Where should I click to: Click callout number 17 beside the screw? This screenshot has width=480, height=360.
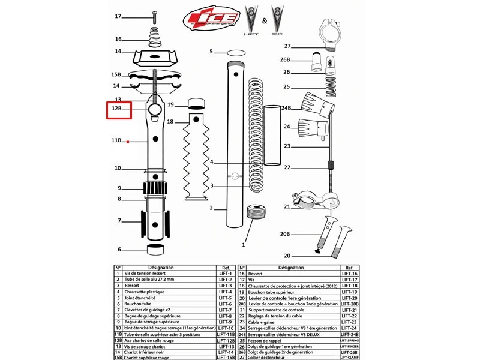[x=118, y=16]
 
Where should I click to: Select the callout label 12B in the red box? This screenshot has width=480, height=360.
[x=118, y=109]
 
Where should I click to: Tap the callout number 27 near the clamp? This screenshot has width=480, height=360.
[x=287, y=46]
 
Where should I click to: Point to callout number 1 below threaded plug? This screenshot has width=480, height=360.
[x=244, y=245]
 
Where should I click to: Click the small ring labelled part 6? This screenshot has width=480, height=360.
[x=157, y=250]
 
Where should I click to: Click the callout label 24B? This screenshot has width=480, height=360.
[x=286, y=109]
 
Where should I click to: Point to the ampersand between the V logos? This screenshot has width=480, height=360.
[x=264, y=22]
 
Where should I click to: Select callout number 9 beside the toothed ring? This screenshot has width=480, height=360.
[x=119, y=188]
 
